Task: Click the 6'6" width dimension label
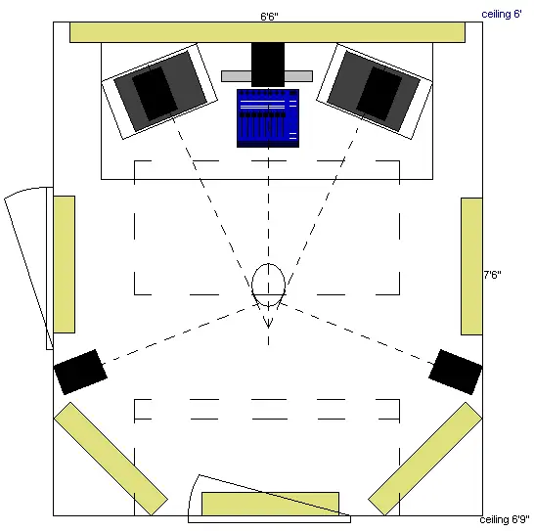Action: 269,17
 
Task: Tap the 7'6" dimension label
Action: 493,275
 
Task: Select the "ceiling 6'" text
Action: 502,15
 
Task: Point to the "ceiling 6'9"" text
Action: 505,520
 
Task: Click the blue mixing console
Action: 268,118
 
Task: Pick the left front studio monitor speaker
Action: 159,91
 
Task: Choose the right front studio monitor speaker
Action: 375,91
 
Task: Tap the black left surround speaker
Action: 80,372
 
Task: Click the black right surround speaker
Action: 456,372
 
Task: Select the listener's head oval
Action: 268,285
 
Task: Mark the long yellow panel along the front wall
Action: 267,32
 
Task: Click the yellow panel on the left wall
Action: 64,264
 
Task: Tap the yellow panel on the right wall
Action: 471,266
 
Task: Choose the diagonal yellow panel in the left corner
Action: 111,459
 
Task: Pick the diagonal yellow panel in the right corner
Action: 425,459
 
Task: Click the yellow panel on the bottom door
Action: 270,504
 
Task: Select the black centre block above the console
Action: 268,65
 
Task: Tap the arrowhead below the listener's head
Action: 268,323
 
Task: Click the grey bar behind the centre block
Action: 267,76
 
